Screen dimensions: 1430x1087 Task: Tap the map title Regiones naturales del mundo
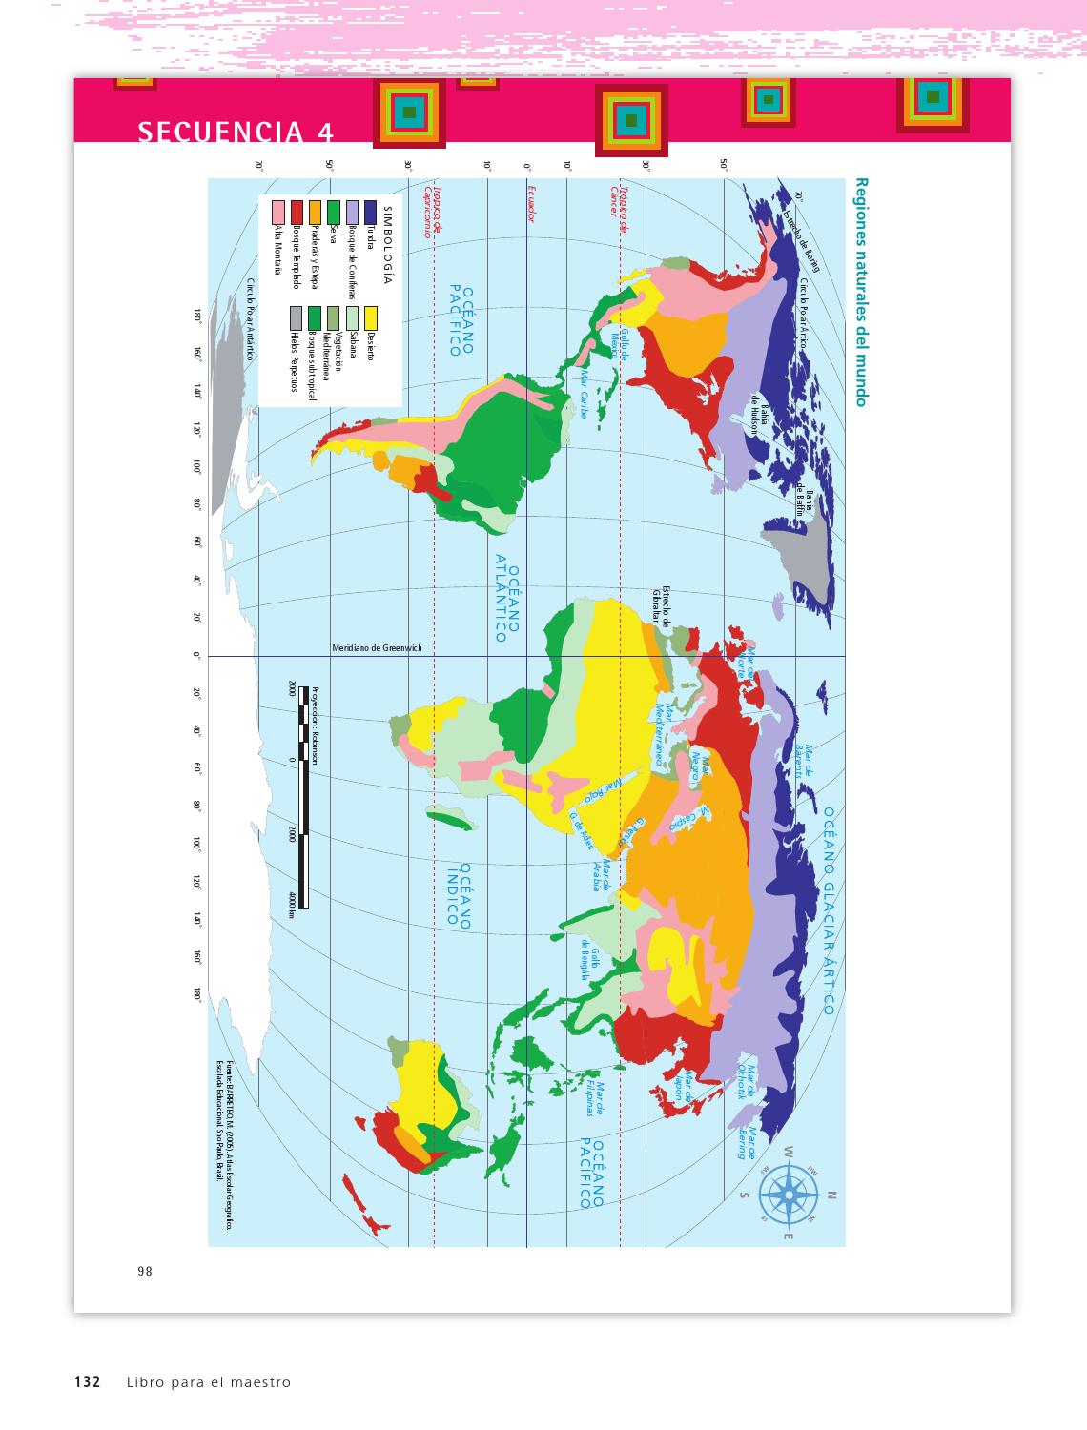point(861,292)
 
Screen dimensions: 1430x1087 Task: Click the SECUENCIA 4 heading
point(236,132)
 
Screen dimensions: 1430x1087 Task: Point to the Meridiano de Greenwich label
point(377,648)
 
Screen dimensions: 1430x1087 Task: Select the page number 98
point(145,1270)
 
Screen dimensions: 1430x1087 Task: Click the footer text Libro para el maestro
point(207,1381)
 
